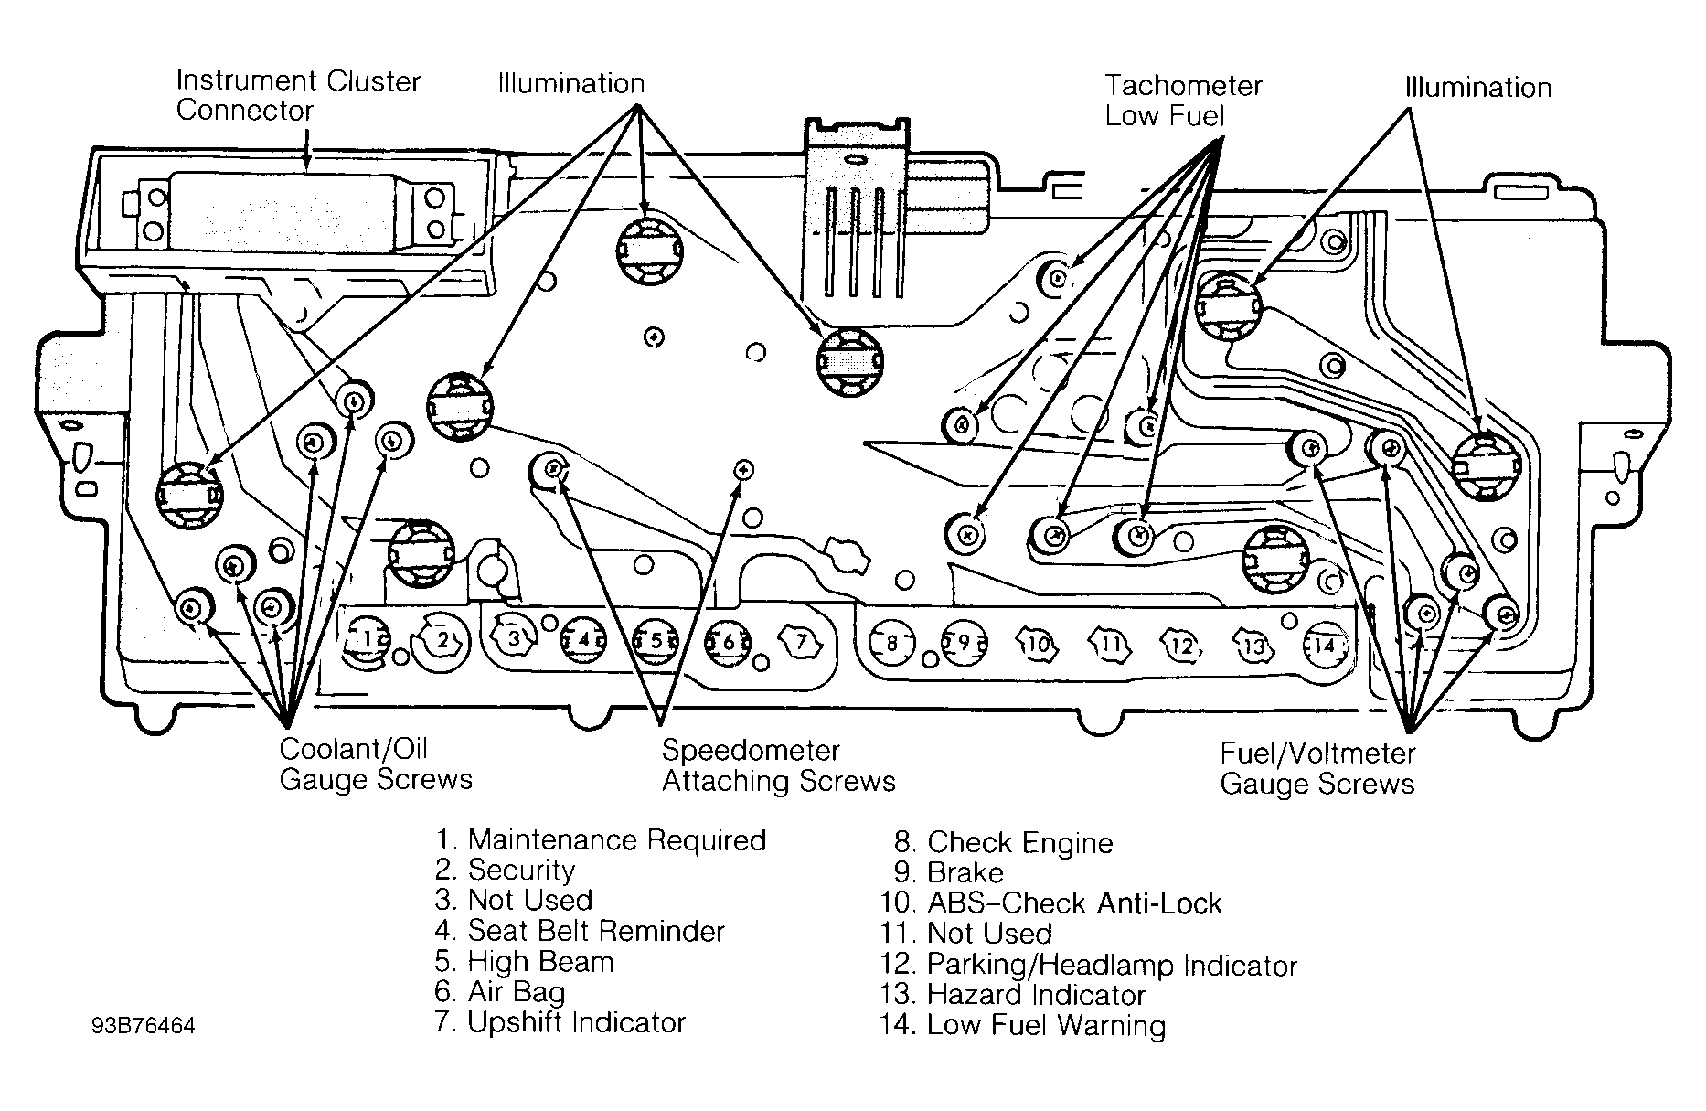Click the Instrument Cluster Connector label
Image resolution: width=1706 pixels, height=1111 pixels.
pyautogui.click(x=298, y=95)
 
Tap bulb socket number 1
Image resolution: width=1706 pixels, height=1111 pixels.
pyautogui.click(x=366, y=639)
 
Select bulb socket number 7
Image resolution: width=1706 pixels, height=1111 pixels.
pyautogui.click(x=801, y=641)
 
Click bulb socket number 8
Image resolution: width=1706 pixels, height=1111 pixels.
pyautogui.click(x=892, y=642)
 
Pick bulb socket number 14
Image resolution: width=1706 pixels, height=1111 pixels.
pyautogui.click(x=1325, y=646)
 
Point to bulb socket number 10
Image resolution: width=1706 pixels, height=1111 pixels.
pyautogui.click(x=1038, y=644)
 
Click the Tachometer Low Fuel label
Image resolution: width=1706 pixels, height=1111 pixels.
pyautogui.click(x=1183, y=101)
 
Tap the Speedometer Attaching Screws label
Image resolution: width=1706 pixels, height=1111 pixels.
pyautogui.click(x=779, y=765)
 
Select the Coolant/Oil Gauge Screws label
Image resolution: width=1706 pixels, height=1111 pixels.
pyautogui.click(x=376, y=764)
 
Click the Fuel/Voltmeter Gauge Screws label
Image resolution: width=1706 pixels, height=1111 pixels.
pyautogui.click(x=1317, y=768)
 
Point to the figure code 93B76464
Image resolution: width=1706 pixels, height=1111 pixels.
pyautogui.click(x=144, y=1026)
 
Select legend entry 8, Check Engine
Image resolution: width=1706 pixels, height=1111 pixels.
pyautogui.click(x=1003, y=843)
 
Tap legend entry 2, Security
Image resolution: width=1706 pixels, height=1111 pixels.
pyautogui.click(x=506, y=871)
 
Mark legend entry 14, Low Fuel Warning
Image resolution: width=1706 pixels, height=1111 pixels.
pyautogui.click(x=1023, y=1025)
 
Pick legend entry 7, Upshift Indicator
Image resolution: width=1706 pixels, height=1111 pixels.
pyautogui.click(x=560, y=1022)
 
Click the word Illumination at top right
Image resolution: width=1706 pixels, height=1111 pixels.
pyautogui.click(x=1478, y=88)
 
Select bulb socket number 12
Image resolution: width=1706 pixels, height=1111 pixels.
pyautogui.click(x=1182, y=646)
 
